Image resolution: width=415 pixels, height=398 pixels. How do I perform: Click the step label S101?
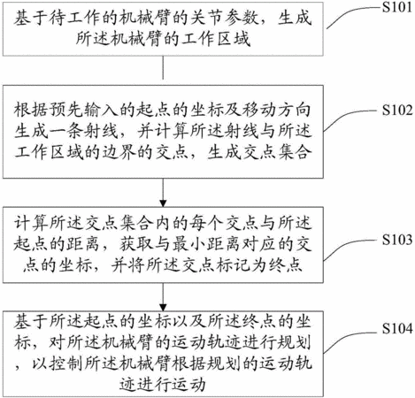click(x=396, y=7)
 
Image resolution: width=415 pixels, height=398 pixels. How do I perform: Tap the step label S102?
click(x=396, y=110)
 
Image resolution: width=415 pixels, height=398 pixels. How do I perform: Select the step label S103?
click(x=396, y=240)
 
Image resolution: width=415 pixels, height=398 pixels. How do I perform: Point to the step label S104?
click(x=396, y=328)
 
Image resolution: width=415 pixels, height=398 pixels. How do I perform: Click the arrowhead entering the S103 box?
click(x=163, y=203)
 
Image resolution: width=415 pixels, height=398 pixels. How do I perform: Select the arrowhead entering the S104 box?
click(x=163, y=307)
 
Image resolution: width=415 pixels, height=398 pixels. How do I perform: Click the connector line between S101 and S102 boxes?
click(x=163, y=67)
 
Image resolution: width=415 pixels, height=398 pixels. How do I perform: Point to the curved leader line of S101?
click(x=353, y=15)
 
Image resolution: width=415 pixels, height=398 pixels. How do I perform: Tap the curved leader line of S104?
click(x=351, y=339)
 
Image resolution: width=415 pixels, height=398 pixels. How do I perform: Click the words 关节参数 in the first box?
click(x=225, y=19)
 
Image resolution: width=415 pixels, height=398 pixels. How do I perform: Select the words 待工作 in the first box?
click(x=66, y=19)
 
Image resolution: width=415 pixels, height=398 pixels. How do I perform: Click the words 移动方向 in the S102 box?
click(x=276, y=110)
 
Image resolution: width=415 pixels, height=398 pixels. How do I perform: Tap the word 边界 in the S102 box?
click(x=119, y=152)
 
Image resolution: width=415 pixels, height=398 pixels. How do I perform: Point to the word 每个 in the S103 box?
click(x=206, y=223)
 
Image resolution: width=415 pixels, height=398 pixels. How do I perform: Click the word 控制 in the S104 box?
click(x=65, y=364)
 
